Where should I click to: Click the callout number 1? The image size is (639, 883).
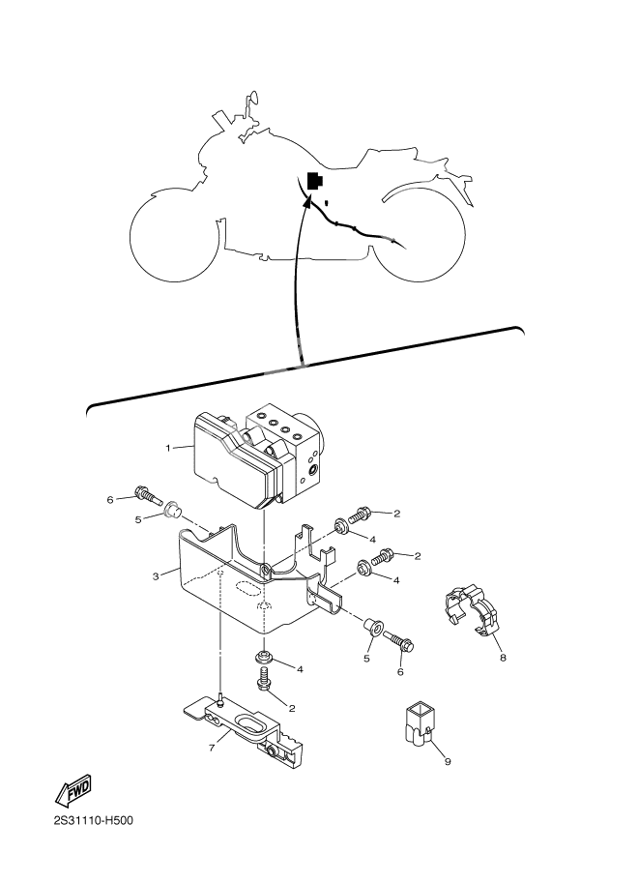(x=168, y=448)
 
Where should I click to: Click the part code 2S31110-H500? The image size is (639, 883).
(x=94, y=822)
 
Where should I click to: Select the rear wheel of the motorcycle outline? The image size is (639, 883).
(x=421, y=233)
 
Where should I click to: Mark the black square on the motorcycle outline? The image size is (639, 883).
(x=315, y=180)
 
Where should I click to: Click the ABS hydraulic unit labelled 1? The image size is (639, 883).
(x=256, y=450)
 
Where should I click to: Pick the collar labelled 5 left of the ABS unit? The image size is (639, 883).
(x=173, y=508)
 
